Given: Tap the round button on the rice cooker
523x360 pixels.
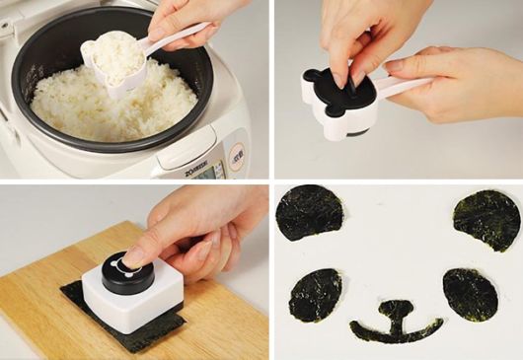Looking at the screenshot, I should point(238,154).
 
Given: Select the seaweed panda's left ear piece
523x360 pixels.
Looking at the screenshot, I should point(310,212).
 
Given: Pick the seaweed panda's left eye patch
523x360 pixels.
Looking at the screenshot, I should point(315,294).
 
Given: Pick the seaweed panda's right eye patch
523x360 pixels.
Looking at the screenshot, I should point(470,294).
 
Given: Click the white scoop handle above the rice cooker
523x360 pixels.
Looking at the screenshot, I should point(184,38).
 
